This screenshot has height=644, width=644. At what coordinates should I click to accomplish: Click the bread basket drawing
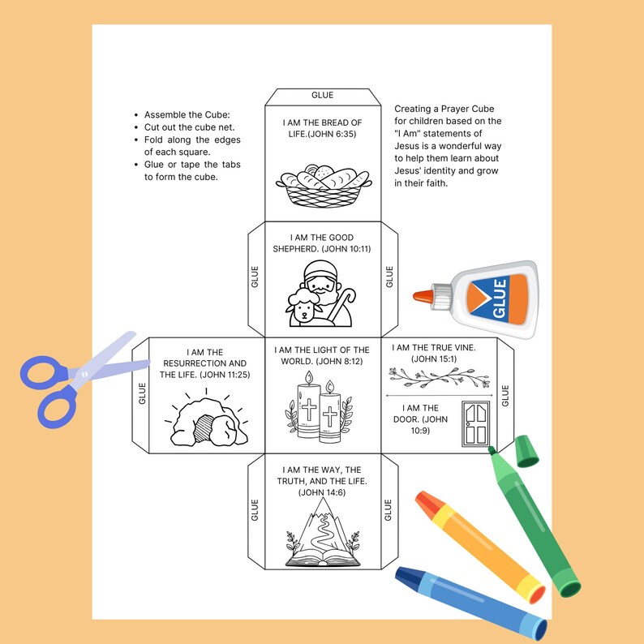(322, 185)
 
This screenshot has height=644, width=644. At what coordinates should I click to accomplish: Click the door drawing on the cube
(473, 423)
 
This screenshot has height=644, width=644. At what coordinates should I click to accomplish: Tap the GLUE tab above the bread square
(322, 96)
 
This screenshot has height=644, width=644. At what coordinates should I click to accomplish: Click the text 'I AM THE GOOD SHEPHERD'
(322, 243)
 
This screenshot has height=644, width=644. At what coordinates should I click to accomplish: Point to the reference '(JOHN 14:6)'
(322, 492)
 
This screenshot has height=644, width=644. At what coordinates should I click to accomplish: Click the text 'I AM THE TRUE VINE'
(434, 347)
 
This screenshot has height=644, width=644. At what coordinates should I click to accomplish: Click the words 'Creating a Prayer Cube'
(444, 109)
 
